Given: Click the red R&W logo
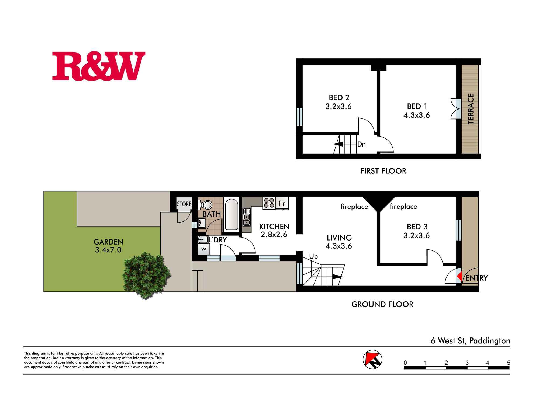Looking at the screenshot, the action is (99, 66).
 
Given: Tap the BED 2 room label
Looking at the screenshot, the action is (339, 97).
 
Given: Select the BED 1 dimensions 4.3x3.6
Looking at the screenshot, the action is (417, 115).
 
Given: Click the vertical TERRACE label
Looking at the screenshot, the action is (471, 109).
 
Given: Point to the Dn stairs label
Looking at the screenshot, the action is (361, 144).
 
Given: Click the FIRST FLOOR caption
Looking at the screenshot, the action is (383, 171).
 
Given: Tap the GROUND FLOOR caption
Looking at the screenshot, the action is (382, 304).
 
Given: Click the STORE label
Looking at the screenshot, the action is (184, 204).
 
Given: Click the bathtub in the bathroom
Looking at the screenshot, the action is (231, 214).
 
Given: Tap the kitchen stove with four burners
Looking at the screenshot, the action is (269, 203).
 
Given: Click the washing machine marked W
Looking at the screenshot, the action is (204, 249).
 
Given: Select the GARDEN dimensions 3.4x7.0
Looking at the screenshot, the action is (108, 250).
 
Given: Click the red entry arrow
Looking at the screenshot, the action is (459, 276).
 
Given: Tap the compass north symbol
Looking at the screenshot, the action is (372, 360).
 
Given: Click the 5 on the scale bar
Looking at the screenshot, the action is (509, 363).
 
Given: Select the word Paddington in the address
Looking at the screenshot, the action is (490, 341).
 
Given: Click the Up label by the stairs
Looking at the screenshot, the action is (313, 257).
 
